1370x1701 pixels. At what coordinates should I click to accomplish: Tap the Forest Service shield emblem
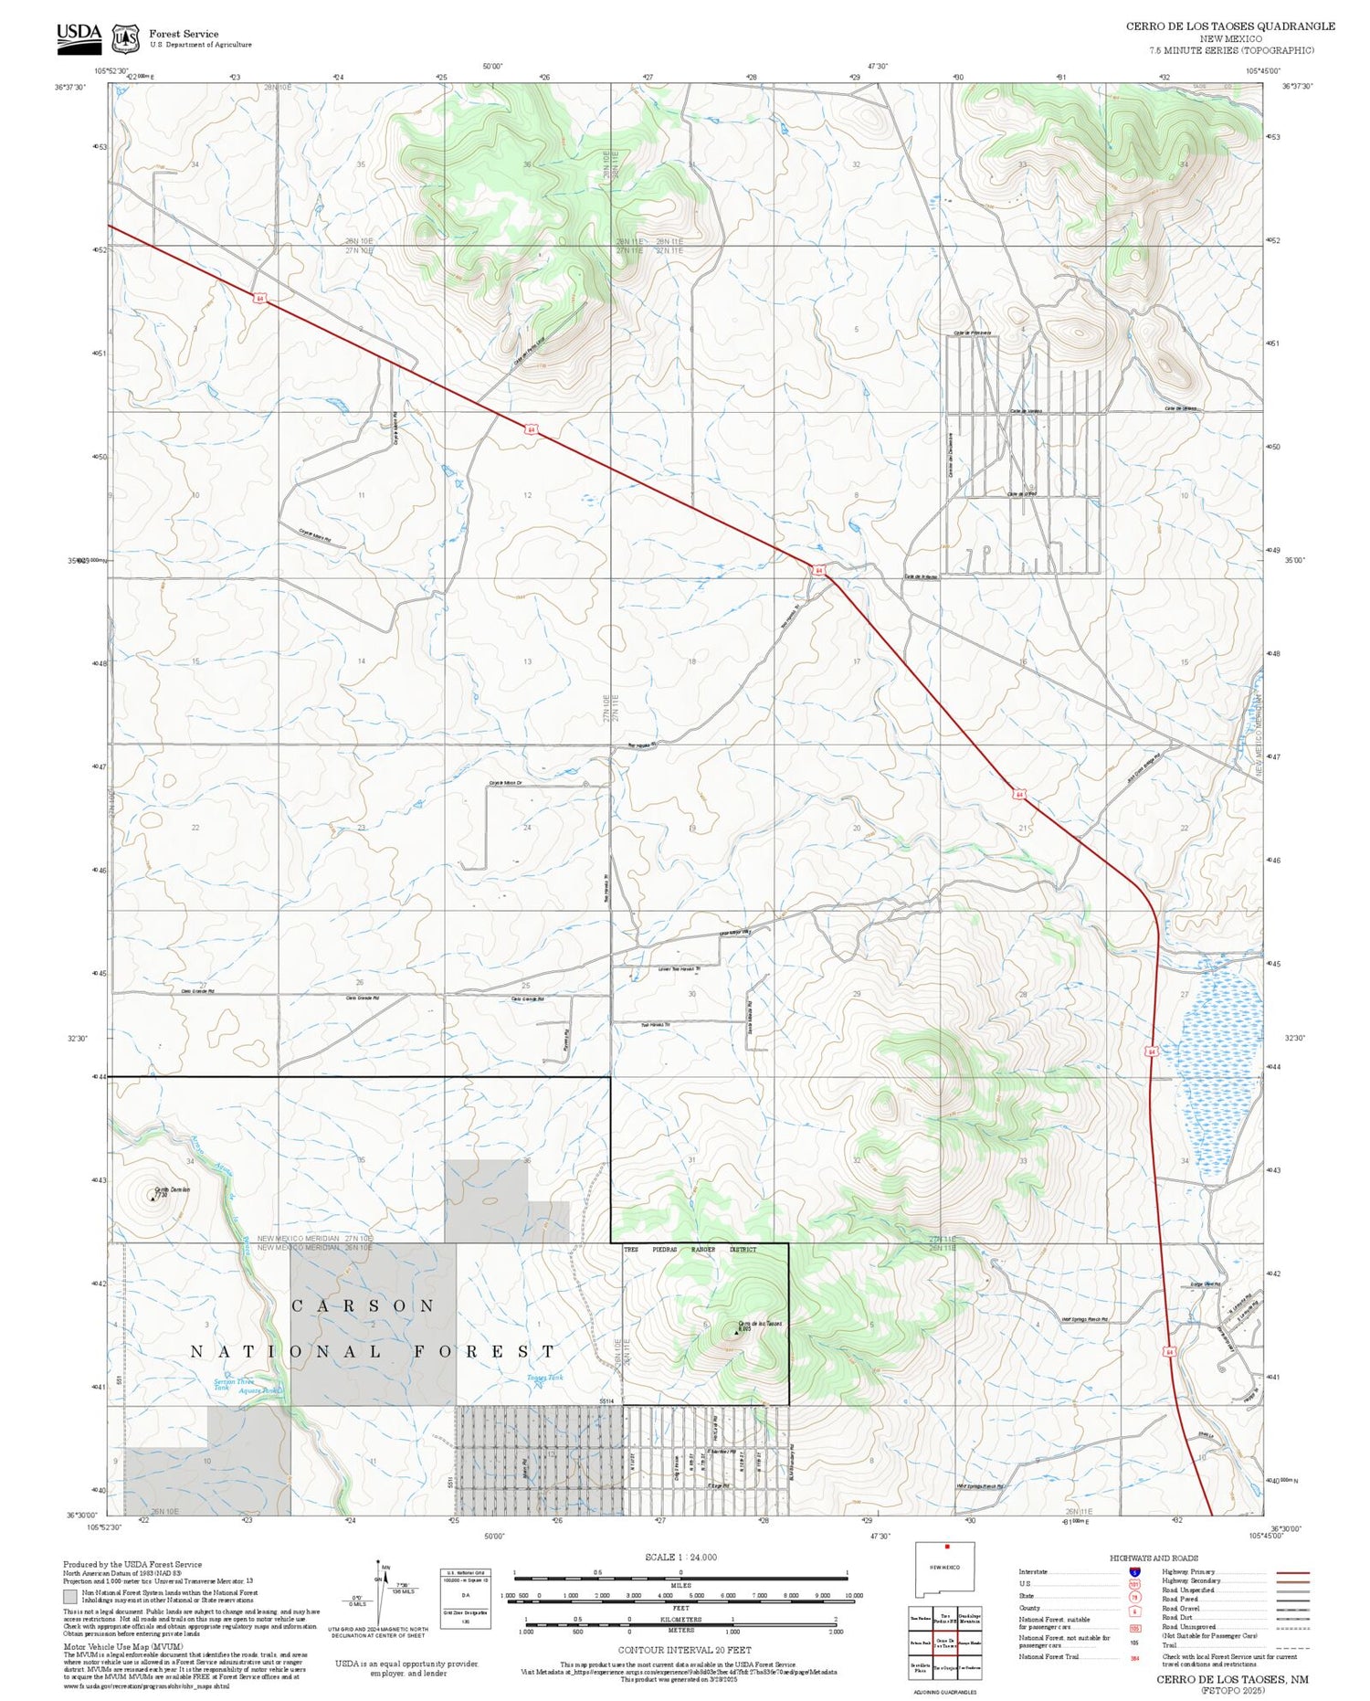pos(125,38)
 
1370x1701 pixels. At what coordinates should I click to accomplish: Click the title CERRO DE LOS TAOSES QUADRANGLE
pos(1229,26)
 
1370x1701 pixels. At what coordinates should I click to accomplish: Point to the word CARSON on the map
pos(363,1306)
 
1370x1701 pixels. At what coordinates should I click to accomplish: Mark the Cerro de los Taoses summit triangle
pos(736,1332)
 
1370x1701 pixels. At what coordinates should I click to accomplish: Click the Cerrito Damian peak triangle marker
pos(153,1198)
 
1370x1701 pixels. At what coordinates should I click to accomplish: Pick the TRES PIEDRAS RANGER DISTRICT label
pos(690,1250)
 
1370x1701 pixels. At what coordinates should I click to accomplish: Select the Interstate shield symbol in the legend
pos(1134,1572)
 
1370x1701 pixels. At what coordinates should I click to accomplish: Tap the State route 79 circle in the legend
pos(1134,1597)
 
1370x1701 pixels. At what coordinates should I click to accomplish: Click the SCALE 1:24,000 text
pos(680,1558)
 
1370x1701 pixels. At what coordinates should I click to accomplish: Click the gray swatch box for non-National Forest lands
pos(70,1597)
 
